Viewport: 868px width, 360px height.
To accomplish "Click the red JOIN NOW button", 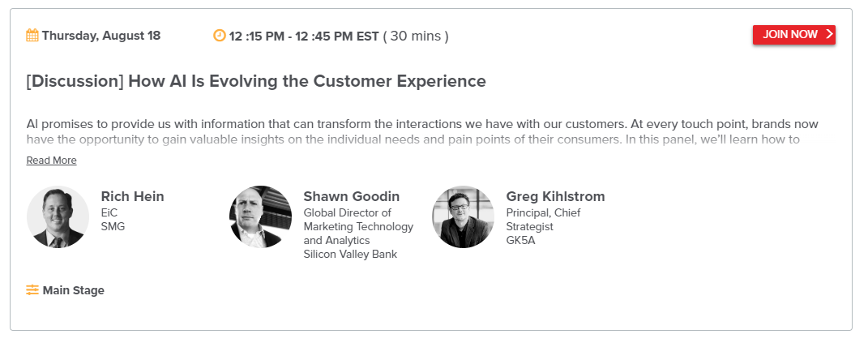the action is (x=793, y=34).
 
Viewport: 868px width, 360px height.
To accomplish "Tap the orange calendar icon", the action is (x=32, y=36).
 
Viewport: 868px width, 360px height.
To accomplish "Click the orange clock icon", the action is (x=220, y=36).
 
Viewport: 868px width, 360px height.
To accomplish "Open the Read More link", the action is (x=52, y=161).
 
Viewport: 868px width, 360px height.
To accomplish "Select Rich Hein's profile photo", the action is (x=58, y=216).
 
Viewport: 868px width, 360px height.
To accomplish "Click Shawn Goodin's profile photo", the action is (x=260, y=216).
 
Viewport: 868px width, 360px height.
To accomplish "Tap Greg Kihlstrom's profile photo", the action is (x=463, y=216).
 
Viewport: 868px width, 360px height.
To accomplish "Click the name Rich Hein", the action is (x=132, y=196).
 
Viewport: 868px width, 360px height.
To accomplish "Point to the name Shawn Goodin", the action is (x=352, y=196).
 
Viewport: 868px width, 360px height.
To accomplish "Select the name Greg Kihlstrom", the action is (x=555, y=196).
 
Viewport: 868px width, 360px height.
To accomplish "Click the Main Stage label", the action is (x=73, y=290).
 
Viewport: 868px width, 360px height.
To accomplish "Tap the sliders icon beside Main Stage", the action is (x=32, y=290).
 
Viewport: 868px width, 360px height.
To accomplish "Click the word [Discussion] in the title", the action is (x=75, y=81).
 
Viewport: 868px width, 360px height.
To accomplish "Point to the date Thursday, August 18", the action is (x=100, y=36).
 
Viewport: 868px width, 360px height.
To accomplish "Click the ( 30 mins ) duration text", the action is (x=416, y=36).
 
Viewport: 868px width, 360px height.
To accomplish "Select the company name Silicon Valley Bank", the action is (x=350, y=255).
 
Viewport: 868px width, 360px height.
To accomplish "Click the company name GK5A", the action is (x=521, y=240).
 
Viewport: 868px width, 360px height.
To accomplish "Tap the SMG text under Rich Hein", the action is (x=113, y=226).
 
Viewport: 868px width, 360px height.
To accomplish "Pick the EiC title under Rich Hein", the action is (x=109, y=212).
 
